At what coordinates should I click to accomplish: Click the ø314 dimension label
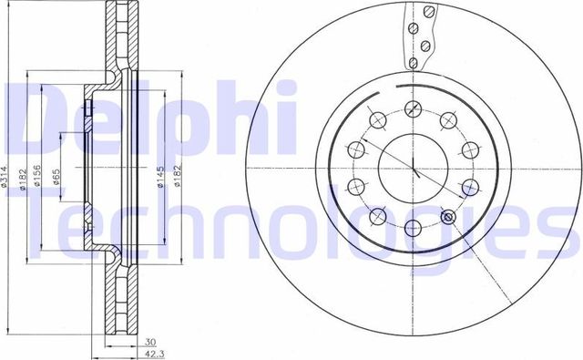[6, 180]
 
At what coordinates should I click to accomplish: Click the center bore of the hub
[413, 170]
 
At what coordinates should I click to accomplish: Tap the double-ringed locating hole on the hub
[447, 218]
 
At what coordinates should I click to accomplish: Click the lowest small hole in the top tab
[414, 62]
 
